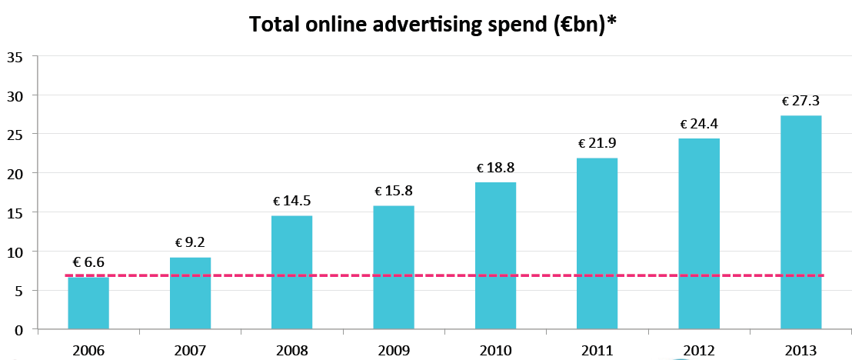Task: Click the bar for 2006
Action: [x=88, y=304]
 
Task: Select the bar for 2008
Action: [x=291, y=272]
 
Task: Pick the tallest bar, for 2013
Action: [x=800, y=222]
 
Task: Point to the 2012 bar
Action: [x=699, y=234]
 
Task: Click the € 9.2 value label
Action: [x=190, y=242]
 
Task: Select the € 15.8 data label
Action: [x=394, y=191]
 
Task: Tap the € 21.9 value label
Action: [x=597, y=143]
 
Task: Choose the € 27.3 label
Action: [x=801, y=101]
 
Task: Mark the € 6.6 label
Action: [x=88, y=262]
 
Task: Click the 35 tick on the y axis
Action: [x=15, y=57]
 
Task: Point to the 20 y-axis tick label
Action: [x=15, y=174]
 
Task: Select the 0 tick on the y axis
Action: [x=18, y=330]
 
